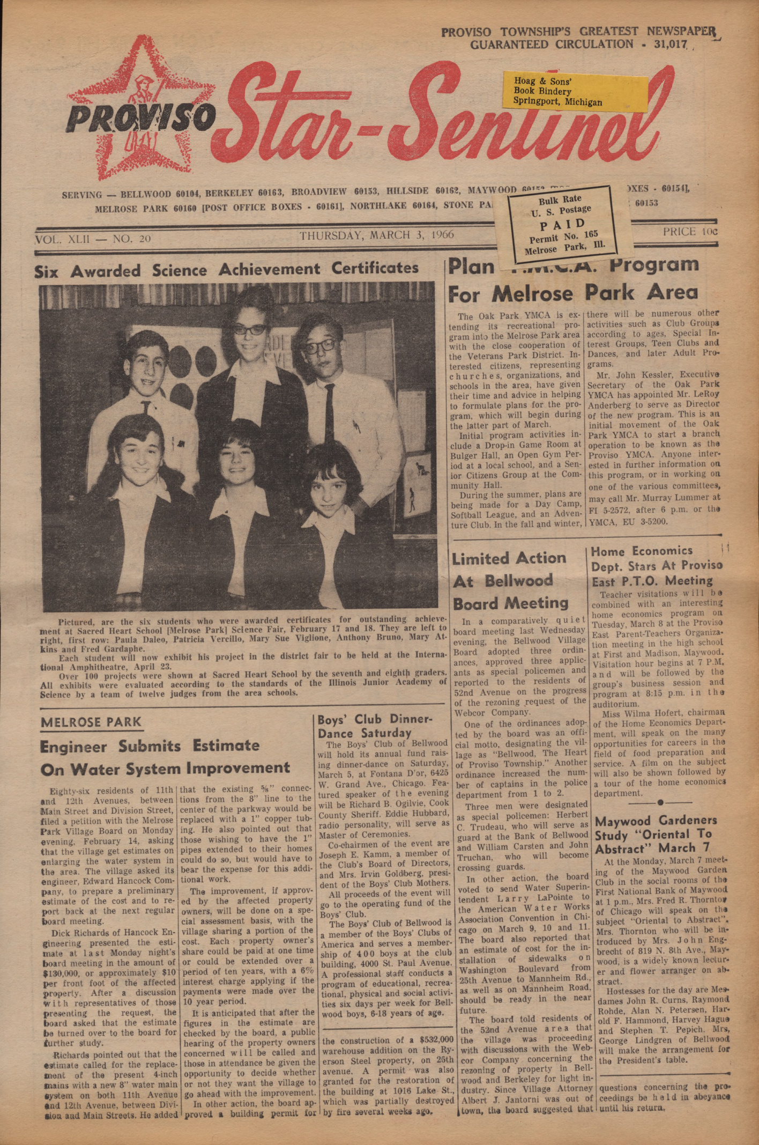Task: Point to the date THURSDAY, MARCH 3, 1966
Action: coord(377,235)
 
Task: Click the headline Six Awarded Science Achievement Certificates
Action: coord(226,269)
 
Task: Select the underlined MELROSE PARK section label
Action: coord(91,722)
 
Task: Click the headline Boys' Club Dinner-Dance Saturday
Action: coord(375,726)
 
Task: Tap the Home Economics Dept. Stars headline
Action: coord(656,565)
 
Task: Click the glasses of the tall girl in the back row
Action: coord(250,329)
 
